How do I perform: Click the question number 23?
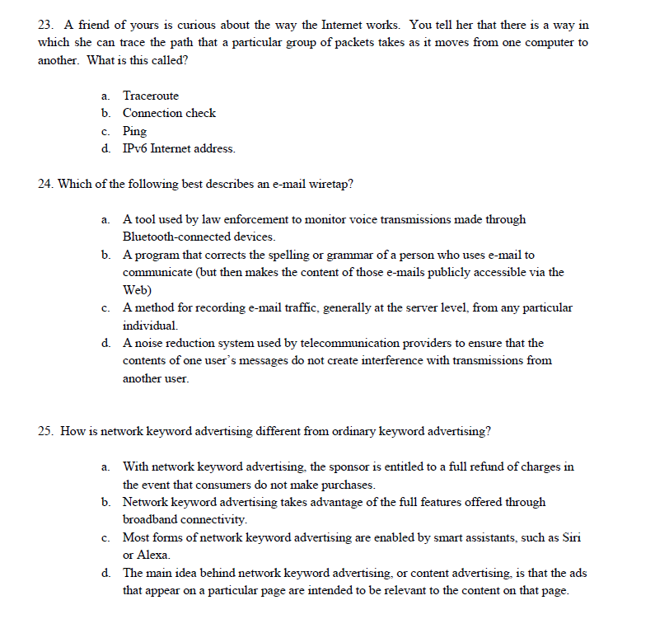(46, 25)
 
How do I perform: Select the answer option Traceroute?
(150, 96)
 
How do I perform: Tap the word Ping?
(134, 131)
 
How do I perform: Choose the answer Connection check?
(169, 113)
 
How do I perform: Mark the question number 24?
(46, 184)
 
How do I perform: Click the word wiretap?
(332, 184)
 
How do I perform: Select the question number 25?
(46, 431)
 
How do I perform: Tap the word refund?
(472, 467)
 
